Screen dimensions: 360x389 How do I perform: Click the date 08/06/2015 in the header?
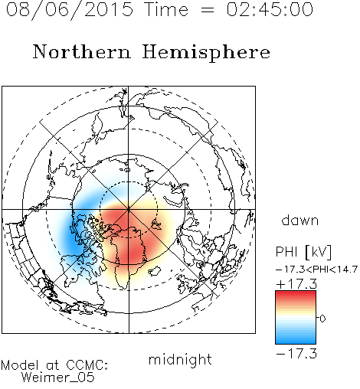pos(70,10)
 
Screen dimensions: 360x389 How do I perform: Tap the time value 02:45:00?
pos(270,9)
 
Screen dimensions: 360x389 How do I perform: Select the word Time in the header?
pos(167,9)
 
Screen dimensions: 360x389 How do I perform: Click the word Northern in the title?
pos(82,51)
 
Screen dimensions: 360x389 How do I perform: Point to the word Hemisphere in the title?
pos(206,53)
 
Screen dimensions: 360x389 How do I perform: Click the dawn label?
pos(300,220)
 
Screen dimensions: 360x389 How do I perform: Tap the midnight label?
pos(180,360)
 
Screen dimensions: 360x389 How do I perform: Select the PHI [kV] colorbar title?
pos(303,252)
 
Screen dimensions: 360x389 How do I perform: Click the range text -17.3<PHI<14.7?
pos(316,270)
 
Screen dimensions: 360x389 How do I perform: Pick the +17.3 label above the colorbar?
pos(296,284)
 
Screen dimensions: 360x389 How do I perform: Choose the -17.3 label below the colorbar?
pos(296,354)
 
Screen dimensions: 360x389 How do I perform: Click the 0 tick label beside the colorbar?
pos(322,319)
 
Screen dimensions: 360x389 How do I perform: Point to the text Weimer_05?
pos(58,378)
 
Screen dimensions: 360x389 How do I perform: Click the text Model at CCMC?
pos(54,364)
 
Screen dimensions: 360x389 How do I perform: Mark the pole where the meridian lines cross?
pos(129,210)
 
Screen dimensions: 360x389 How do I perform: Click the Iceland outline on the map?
pos(155,271)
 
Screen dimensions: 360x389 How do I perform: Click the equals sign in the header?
pos(208,10)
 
